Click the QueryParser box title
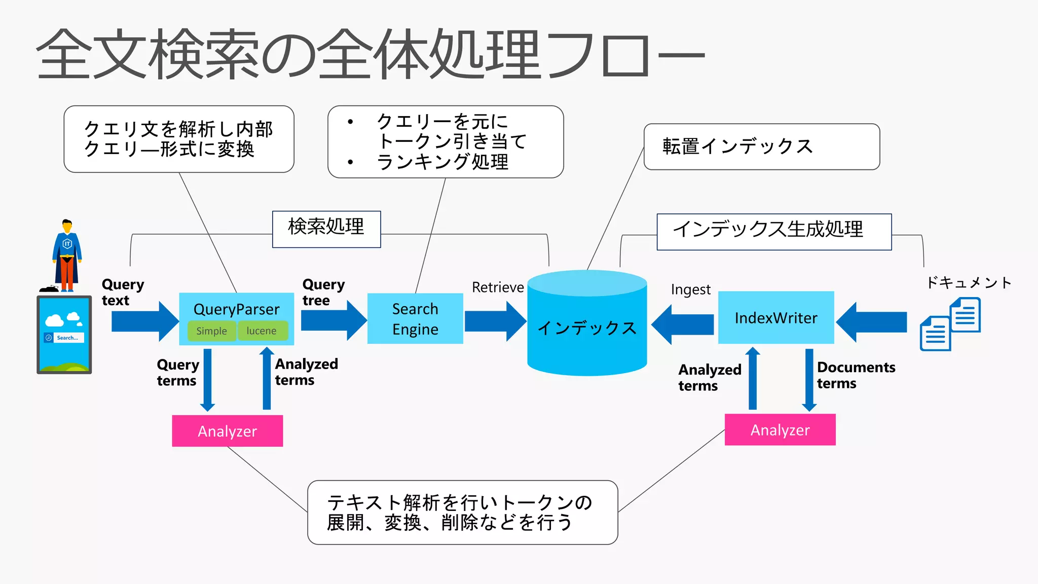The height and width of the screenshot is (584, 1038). pyautogui.click(x=236, y=309)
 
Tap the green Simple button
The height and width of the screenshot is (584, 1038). pyautogui.click(x=211, y=331)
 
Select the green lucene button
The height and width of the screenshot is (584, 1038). pyautogui.click(x=262, y=331)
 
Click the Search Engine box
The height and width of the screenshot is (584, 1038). pyautogui.click(x=415, y=319)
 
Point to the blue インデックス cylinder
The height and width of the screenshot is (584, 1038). pyautogui.click(x=587, y=327)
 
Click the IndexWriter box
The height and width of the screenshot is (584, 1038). pyautogui.click(x=776, y=318)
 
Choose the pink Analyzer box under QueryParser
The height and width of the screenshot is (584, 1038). pyautogui.click(x=227, y=431)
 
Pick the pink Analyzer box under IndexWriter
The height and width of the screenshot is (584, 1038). pyautogui.click(x=780, y=430)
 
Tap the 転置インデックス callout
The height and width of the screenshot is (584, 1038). pyautogui.click(x=761, y=147)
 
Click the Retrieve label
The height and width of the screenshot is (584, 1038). pyautogui.click(x=498, y=287)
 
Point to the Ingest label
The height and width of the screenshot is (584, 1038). pyautogui.click(x=690, y=289)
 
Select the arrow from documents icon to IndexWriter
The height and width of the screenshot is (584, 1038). pyautogui.click(x=872, y=322)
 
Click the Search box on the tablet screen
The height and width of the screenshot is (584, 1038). pyautogui.click(x=64, y=338)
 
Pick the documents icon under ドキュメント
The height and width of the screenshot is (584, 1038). pyautogui.click(x=950, y=324)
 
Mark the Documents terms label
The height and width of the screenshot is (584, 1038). pyautogui.click(x=856, y=375)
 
